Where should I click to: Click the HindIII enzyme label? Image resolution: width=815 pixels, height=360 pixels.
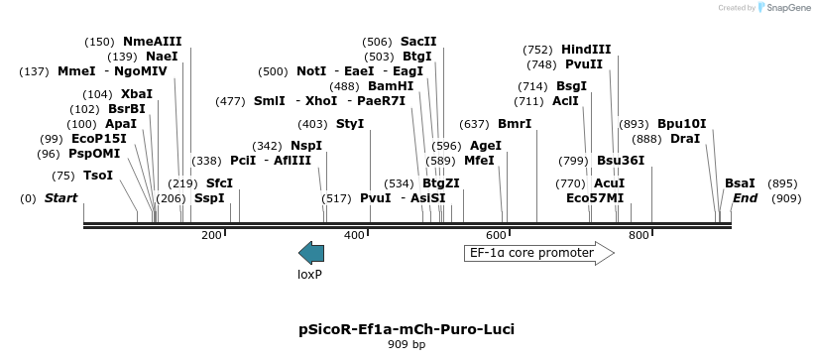(586, 49)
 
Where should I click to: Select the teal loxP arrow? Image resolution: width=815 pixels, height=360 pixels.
(311, 253)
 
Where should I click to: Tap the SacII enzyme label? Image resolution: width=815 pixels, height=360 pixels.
(418, 42)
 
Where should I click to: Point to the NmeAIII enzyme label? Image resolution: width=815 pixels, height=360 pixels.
(152, 42)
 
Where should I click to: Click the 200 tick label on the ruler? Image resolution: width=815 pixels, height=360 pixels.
(211, 235)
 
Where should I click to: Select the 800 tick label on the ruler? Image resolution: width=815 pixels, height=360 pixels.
(639, 235)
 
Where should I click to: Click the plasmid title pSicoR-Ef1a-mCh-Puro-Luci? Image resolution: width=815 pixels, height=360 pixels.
(407, 328)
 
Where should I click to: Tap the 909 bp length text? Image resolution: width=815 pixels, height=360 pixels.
(407, 345)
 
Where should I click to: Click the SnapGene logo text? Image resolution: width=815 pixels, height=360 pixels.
(785, 8)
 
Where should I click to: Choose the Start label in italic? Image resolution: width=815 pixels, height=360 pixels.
(60, 198)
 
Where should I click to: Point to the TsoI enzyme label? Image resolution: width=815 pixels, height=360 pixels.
(97, 176)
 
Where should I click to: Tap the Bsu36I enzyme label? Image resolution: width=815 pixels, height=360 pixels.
(621, 161)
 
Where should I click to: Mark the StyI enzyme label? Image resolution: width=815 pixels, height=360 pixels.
(350, 124)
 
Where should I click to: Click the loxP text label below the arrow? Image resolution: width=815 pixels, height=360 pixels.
(310, 274)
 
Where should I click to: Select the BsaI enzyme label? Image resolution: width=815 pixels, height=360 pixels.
(740, 183)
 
